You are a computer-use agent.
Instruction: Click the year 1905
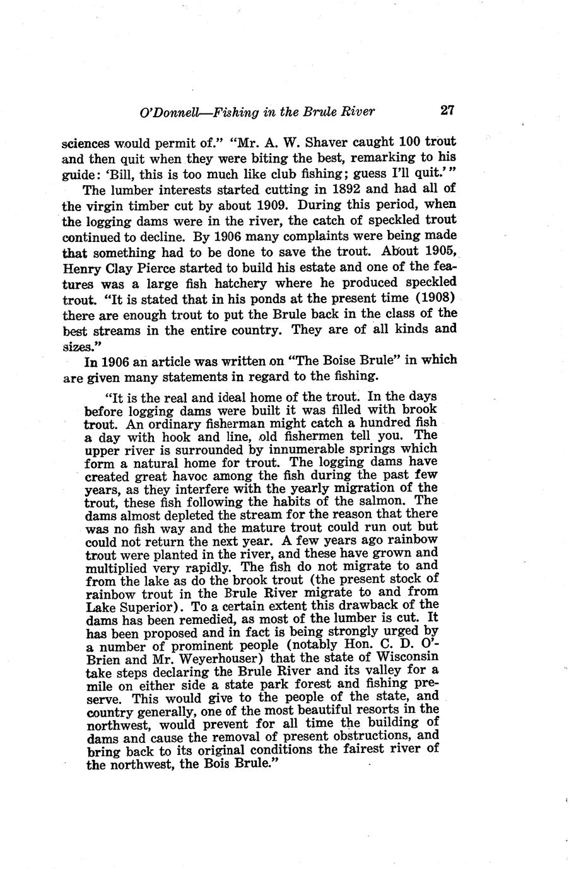click(436, 252)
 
